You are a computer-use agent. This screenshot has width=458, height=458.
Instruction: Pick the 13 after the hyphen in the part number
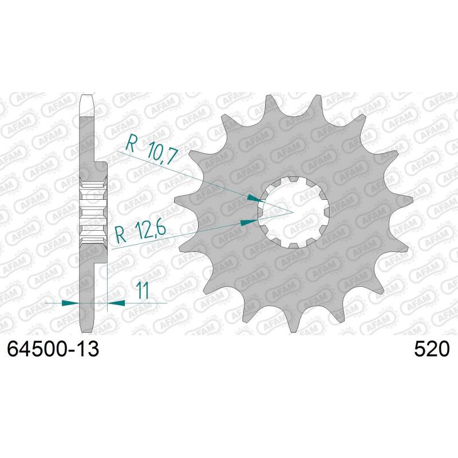(89, 349)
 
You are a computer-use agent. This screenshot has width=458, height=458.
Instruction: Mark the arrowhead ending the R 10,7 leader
(254, 198)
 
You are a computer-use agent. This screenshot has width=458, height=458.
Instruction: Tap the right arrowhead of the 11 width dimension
(115, 302)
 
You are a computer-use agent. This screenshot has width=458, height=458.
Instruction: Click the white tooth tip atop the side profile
(86, 103)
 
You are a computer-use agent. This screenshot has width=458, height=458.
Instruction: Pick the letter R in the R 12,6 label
(120, 233)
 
